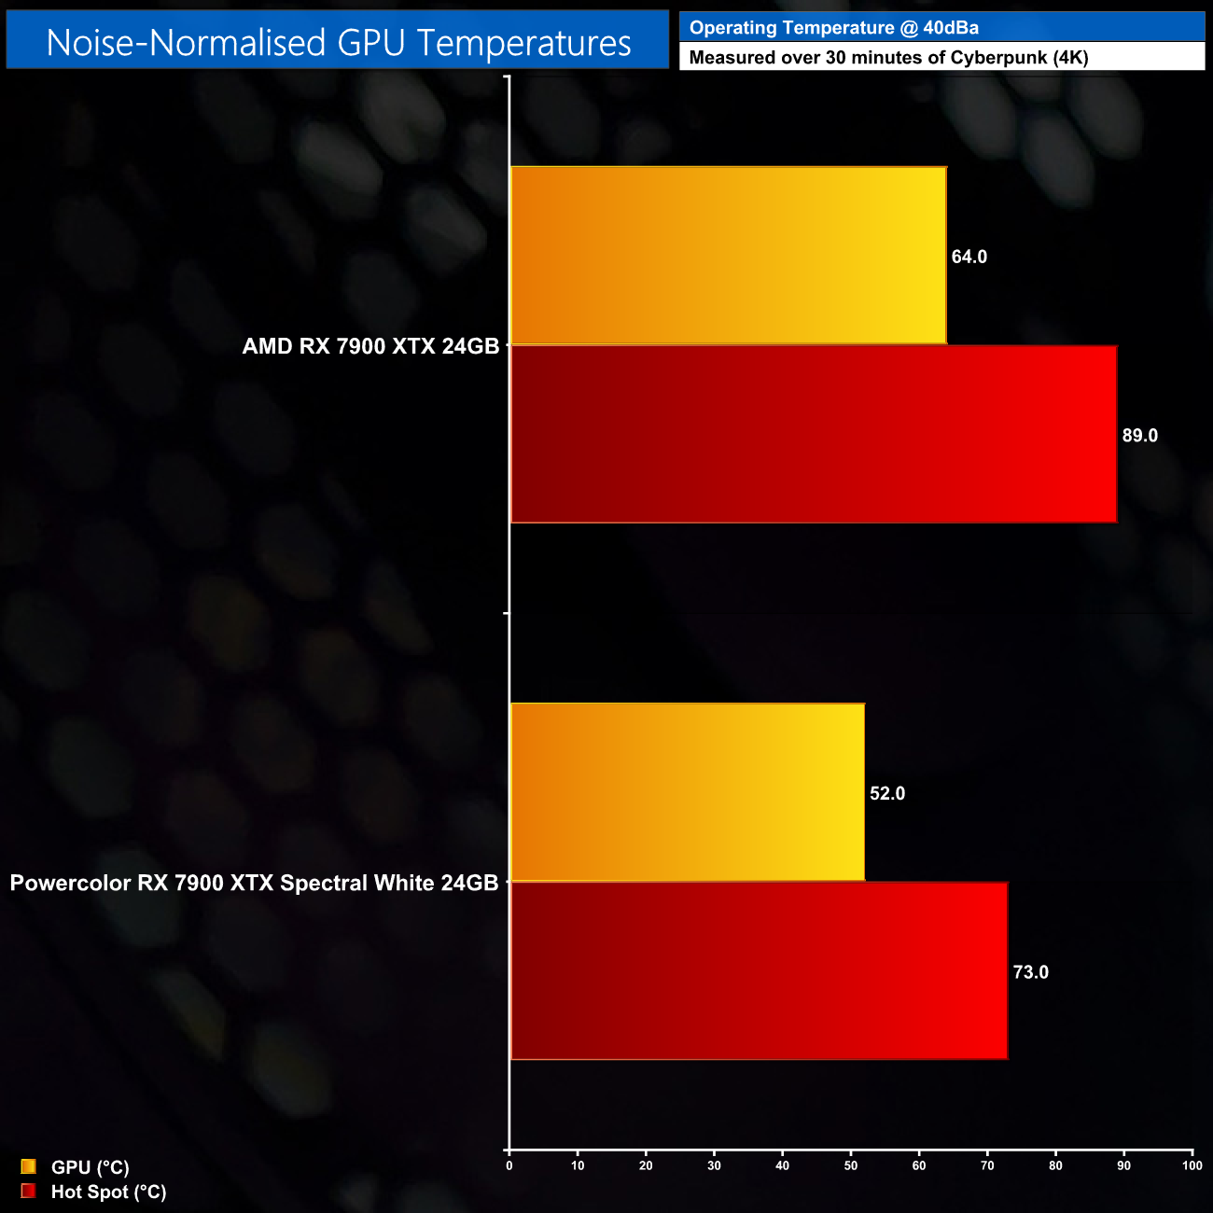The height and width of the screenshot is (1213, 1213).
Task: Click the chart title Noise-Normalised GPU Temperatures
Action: click(x=338, y=43)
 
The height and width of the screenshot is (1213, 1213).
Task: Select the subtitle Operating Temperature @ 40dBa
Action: click(x=833, y=28)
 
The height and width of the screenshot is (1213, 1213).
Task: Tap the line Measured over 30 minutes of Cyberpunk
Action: click(x=888, y=58)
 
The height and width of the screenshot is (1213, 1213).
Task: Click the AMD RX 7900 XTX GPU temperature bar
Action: click(x=728, y=256)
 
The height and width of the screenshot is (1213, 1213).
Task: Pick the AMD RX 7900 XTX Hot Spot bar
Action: click(x=814, y=435)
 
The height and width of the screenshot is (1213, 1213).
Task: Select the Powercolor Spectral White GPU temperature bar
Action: click(x=688, y=792)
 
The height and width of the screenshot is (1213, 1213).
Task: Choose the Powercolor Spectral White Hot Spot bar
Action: click(x=759, y=971)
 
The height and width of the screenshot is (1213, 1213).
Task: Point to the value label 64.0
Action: click(x=969, y=257)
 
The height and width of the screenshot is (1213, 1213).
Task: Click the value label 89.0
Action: click(x=1139, y=436)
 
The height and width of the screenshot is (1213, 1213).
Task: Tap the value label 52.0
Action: click(x=886, y=793)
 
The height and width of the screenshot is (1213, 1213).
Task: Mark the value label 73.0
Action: click(x=1030, y=972)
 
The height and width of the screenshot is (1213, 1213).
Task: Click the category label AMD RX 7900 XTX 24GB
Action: click(x=370, y=346)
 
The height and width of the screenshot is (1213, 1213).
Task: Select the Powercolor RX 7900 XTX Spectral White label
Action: click(x=254, y=883)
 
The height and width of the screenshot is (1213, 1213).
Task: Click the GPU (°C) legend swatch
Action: click(x=28, y=1166)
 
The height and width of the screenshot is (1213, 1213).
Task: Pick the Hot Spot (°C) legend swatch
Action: click(x=28, y=1191)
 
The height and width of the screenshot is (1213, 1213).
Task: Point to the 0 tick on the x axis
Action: click(x=509, y=1165)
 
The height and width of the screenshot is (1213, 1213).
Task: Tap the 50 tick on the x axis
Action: click(x=851, y=1165)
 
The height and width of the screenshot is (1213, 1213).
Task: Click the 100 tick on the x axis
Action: click(x=1192, y=1165)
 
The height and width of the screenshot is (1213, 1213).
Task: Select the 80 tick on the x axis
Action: click(x=1055, y=1165)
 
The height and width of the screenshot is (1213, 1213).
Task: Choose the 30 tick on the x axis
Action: click(x=714, y=1165)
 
